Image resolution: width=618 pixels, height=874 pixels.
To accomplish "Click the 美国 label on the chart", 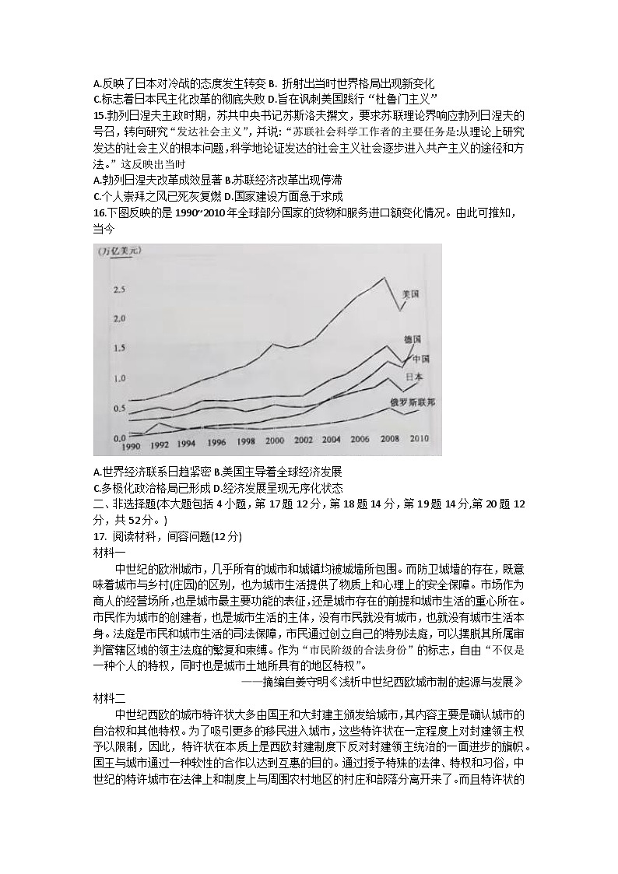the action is point(411,294).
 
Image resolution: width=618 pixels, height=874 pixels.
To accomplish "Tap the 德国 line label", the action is point(413,339).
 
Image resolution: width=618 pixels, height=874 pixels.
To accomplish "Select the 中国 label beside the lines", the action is point(422,359).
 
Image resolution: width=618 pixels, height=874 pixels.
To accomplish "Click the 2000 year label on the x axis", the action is point(275,441).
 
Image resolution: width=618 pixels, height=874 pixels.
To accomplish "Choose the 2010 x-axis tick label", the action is point(419,438).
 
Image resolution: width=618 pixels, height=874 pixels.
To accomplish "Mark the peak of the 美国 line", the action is point(383,278).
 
